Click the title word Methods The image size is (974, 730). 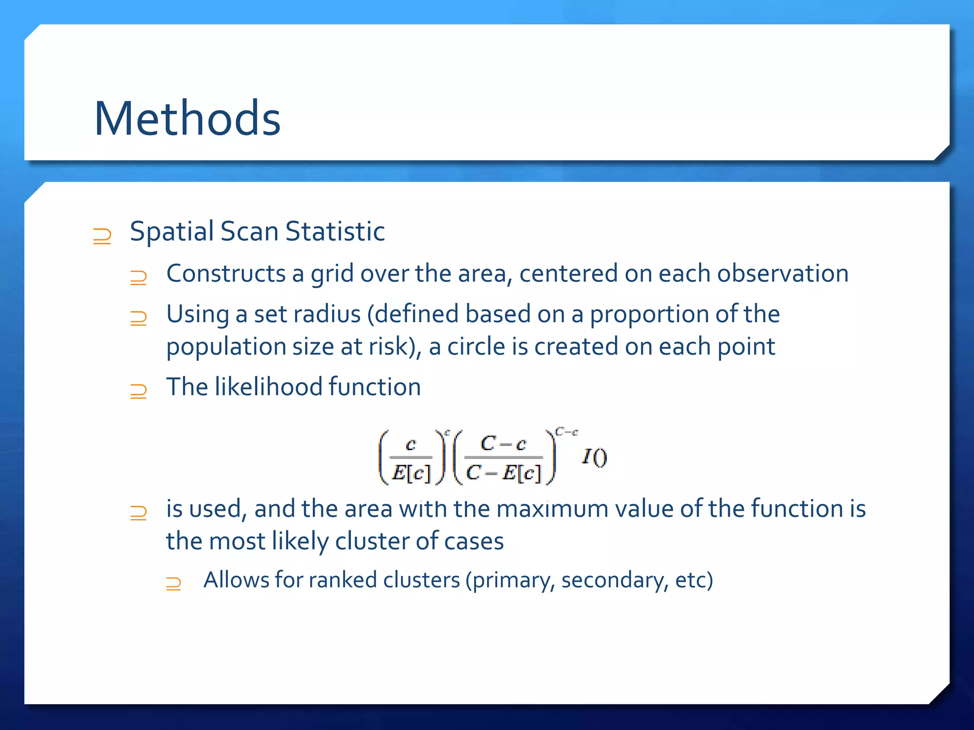[187, 119]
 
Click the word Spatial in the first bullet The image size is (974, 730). [172, 232]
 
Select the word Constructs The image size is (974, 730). [226, 274]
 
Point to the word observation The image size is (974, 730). [782, 274]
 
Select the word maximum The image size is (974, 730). [552, 509]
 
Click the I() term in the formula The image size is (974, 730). [594, 457]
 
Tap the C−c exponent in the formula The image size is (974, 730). [566, 432]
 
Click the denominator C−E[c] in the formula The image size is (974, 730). [504, 473]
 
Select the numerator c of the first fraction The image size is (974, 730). [411, 444]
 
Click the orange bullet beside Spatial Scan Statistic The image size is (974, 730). [102, 236]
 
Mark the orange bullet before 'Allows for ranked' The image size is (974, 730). [174, 584]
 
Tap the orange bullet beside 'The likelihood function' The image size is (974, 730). [138, 391]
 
